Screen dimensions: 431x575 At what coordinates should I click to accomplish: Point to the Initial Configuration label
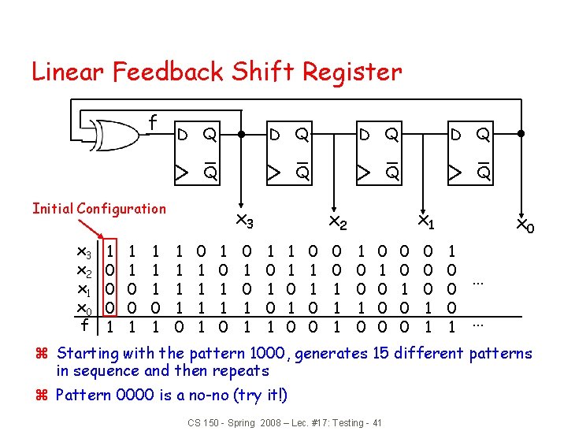(x=99, y=209)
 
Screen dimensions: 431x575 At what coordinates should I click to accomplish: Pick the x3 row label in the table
(x=82, y=252)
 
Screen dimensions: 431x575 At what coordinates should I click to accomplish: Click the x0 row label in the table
(x=82, y=307)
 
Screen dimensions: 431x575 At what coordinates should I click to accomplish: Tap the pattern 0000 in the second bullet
(x=136, y=395)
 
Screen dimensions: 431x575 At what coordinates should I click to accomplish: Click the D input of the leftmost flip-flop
(x=180, y=135)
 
